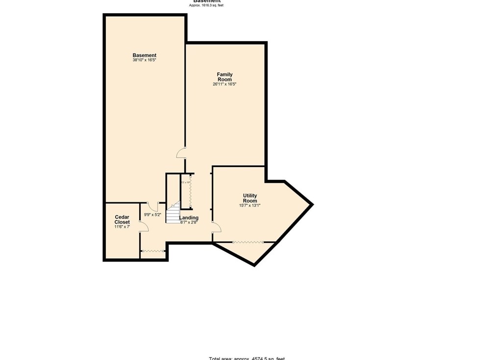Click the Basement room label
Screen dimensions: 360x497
point(144,55)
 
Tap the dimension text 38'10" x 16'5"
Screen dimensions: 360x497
point(144,60)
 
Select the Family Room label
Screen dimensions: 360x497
point(224,77)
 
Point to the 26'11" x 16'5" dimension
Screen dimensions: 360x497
point(224,84)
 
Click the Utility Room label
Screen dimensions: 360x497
point(249,198)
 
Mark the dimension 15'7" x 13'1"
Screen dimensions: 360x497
point(249,206)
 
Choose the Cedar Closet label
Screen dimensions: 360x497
point(122,219)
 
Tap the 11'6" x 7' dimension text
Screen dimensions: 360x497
point(122,227)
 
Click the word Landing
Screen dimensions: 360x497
point(189,218)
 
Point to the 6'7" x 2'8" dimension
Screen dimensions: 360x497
point(189,222)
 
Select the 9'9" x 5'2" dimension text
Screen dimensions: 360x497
point(152,215)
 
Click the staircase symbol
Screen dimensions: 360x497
point(173,214)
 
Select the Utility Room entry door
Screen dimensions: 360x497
point(216,227)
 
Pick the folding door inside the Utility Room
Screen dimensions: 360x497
point(248,242)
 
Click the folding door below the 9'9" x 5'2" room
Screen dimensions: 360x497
point(153,251)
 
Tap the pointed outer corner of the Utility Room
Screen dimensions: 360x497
point(312,204)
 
